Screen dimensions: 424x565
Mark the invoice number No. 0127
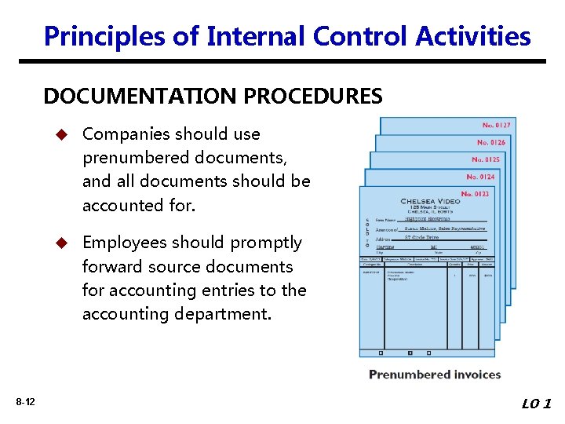coord(497,125)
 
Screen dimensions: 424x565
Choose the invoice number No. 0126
coord(492,142)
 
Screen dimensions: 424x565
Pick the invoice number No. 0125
coord(487,159)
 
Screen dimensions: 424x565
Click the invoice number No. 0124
coord(481,177)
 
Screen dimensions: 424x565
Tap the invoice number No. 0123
coord(476,194)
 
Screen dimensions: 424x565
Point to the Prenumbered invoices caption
coord(435,375)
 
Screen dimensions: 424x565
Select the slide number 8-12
coord(24,403)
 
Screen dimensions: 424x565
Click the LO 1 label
coord(537,404)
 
